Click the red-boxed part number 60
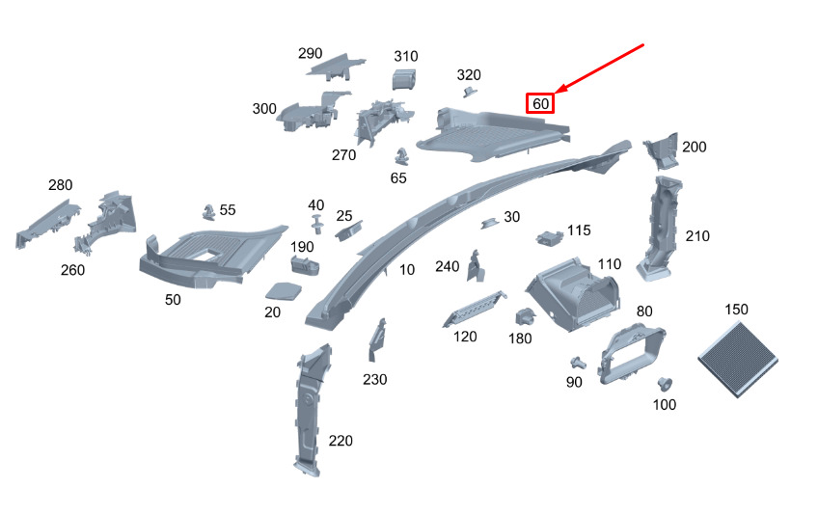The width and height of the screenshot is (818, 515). [x=540, y=103]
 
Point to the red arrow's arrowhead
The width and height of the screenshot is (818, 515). [x=560, y=90]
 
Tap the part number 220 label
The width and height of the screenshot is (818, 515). [x=341, y=441]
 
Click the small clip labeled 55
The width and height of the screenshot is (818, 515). [x=208, y=212]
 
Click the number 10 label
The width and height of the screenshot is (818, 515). [x=407, y=270]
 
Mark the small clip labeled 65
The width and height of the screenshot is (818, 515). [x=400, y=156]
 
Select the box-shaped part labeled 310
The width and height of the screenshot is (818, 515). [x=404, y=79]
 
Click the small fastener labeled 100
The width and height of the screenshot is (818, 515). [x=664, y=384]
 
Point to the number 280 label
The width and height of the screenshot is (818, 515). [x=61, y=185]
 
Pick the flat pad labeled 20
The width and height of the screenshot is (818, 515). [x=284, y=291]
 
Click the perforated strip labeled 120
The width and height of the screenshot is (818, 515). [x=475, y=309]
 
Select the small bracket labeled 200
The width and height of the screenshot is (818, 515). [x=661, y=150]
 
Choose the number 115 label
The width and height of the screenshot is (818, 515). [x=579, y=230]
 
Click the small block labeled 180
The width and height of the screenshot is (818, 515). [x=526, y=316]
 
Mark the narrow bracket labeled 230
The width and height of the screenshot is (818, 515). [x=377, y=339]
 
